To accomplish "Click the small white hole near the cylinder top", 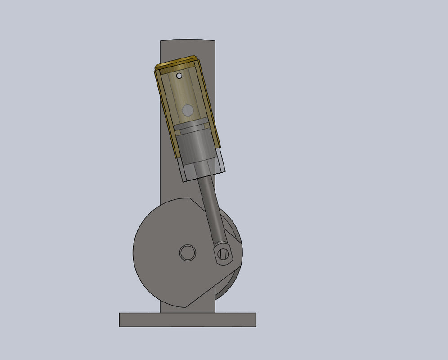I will tap(179, 76).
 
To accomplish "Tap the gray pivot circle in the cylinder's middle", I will tap(188, 110).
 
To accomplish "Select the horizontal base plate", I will tap(188, 319).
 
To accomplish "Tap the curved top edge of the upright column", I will tap(188, 40).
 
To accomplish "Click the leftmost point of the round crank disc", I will tap(134, 252).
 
